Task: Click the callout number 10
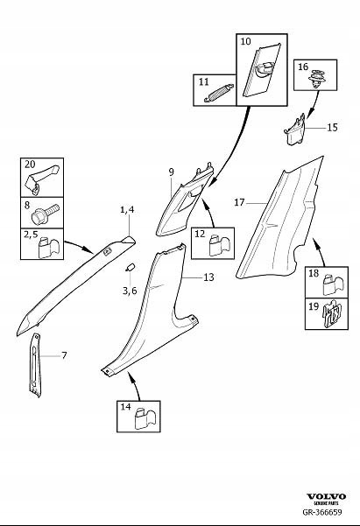click(245, 41)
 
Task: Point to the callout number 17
click(239, 201)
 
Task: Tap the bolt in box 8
click(44, 212)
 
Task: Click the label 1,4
click(128, 211)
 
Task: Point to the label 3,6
click(129, 290)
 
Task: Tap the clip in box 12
click(215, 245)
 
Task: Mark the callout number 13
click(208, 277)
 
